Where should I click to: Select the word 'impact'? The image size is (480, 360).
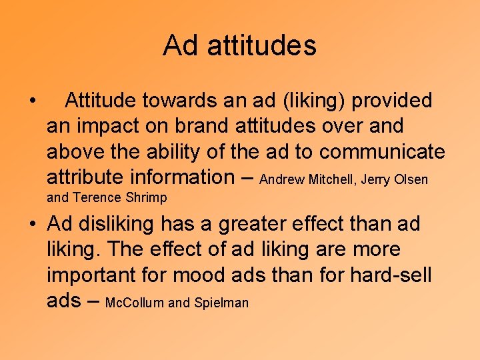(106, 126)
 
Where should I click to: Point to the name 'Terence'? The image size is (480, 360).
(93, 197)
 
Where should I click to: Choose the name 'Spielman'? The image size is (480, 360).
(221, 303)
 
